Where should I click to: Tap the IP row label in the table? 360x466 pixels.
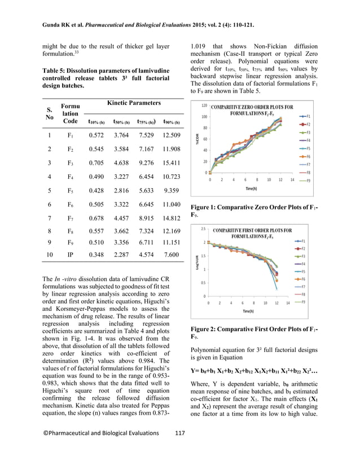[70, 256]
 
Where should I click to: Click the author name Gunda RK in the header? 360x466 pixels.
[57, 25]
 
